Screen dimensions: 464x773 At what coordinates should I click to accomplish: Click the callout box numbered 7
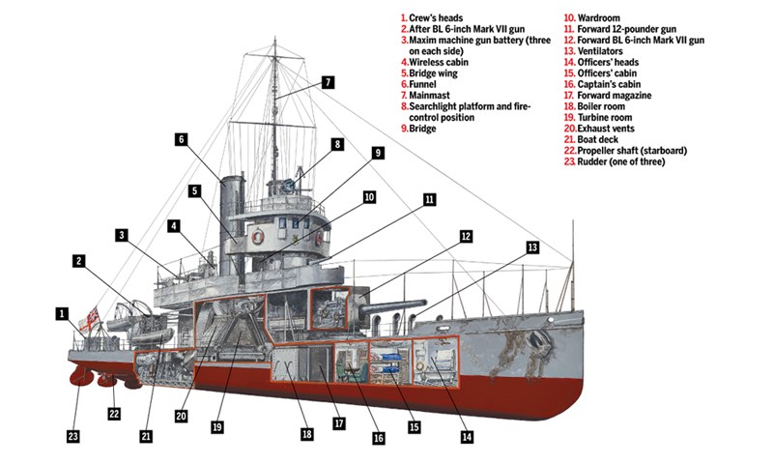tap(329, 82)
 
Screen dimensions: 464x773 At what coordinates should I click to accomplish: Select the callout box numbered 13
tap(532, 247)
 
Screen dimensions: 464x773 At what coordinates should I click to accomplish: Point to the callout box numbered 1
tap(61, 313)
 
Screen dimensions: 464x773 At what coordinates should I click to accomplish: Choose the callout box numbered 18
tap(306, 435)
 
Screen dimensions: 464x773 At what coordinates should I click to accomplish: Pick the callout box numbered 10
tap(368, 196)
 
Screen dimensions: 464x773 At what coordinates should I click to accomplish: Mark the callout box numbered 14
tap(467, 436)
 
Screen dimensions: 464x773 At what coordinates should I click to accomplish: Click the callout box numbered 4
tap(173, 225)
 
